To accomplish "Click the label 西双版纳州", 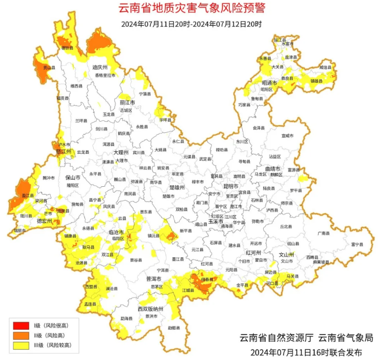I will click(x=150, y=308).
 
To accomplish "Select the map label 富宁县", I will click(x=357, y=244).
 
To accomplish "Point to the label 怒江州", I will click(x=63, y=151).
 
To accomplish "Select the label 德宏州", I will click(x=45, y=221).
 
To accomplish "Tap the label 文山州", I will click(x=286, y=255).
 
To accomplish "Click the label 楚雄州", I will click(x=177, y=187).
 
